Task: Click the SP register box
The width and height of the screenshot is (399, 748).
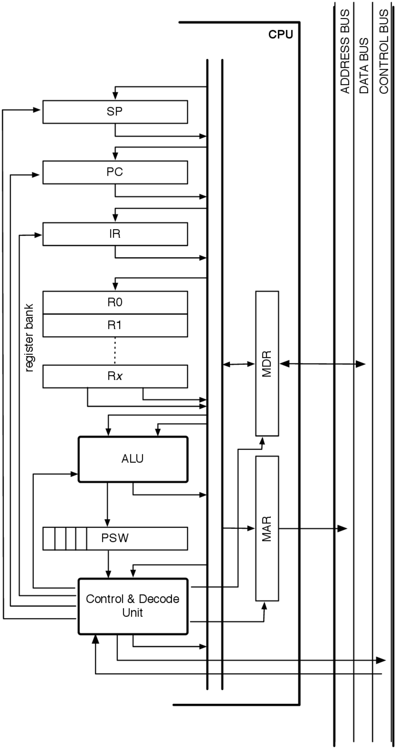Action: pyautogui.click(x=115, y=112)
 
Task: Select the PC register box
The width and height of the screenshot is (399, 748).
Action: pyautogui.click(x=115, y=172)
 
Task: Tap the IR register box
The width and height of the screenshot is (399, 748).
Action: pyautogui.click(x=115, y=234)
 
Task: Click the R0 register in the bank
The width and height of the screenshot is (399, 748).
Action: pyautogui.click(x=115, y=302)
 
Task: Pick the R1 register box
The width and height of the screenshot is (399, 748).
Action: pyautogui.click(x=115, y=325)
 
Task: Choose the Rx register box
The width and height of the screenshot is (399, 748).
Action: pyautogui.click(x=115, y=376)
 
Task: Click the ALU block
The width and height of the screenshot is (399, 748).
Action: pyautogui.click(x=133, y=459)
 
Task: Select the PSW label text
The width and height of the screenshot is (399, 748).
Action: pyautogui.click(x=115, y=538)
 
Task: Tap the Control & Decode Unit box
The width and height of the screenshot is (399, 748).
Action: pyautogui.click(x=133, y=606)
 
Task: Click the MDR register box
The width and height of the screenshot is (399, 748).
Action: pyautogui.click(x=267, y=364)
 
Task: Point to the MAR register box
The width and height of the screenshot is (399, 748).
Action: pyautogui.click(x=267, y=529)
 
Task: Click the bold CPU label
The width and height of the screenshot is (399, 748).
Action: pyautogui.click(x=281, y=35)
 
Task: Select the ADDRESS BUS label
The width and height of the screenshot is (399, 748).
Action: pyautogui.click(x=345, y=51)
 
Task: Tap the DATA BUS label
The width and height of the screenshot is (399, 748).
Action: pyautogui.click(x=364, y=66)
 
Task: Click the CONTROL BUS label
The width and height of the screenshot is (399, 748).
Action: pyautogui.click(x=384, y=51)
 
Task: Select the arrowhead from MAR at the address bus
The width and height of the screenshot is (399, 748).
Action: pyautogui.click(x=343, y=529)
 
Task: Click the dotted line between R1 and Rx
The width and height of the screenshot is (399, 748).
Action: pyautogui.click(x=115, y=350)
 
